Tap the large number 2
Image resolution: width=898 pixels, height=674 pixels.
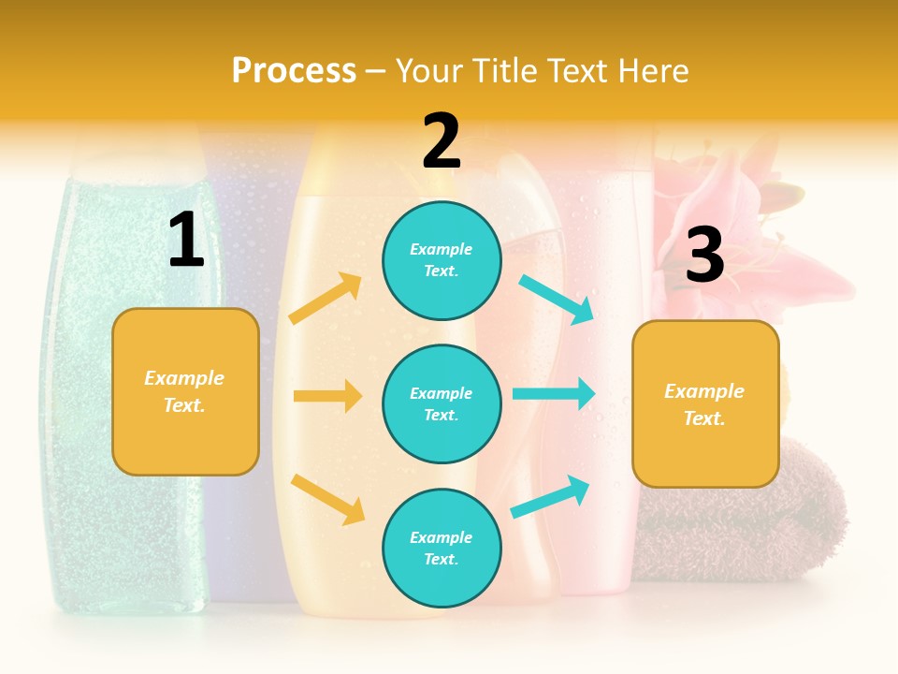click(x=442, y=141)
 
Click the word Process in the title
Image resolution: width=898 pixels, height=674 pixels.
click(x=294, y=70)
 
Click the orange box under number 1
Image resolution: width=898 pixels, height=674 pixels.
click(x=185, y=391)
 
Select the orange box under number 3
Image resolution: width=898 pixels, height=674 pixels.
click(x=705, y=403)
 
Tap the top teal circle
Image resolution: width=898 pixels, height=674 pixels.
click(x=442, y=260)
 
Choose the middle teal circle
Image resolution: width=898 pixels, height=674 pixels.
click(x=442, y=403)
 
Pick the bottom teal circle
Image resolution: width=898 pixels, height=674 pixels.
click(x=442, y=548)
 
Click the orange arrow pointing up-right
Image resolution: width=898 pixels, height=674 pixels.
click(x=326, y=299)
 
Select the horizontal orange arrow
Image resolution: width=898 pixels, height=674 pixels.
click(x=327, y=396)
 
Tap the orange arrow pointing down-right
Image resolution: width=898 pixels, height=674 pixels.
click(x=327, y=498)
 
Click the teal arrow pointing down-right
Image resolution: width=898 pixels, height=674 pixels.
click(x=557, y=300)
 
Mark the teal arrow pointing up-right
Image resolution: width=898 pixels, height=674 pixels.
click(x=550, y=497)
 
